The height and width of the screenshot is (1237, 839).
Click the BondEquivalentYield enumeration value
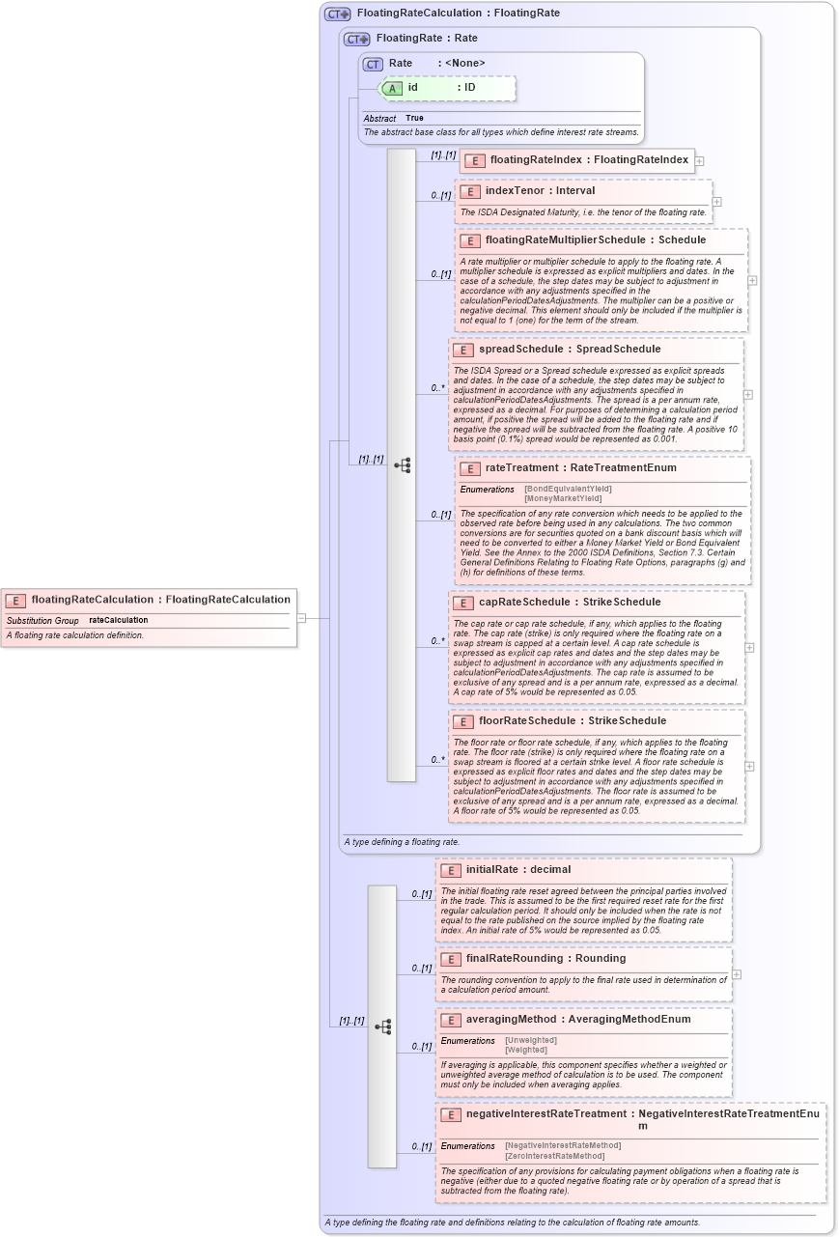point(568,489)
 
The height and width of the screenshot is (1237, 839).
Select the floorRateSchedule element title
point(530,720)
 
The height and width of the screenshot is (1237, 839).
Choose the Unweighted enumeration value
point(530,1040)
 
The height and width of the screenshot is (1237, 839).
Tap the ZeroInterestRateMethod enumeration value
point(554,1156)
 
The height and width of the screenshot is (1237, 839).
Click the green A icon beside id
point(392,88)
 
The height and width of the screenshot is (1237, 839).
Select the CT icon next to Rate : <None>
point(373,64)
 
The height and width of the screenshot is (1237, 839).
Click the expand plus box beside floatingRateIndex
point(699,161)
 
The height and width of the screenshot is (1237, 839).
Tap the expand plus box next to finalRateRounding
point(737,973)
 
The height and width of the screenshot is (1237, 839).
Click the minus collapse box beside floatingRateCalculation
point(301,618)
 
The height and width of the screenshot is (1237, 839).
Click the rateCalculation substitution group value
point(119,620)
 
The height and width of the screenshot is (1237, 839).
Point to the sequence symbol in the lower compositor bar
point(382,1026)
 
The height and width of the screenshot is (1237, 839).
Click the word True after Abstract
point(414,118)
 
